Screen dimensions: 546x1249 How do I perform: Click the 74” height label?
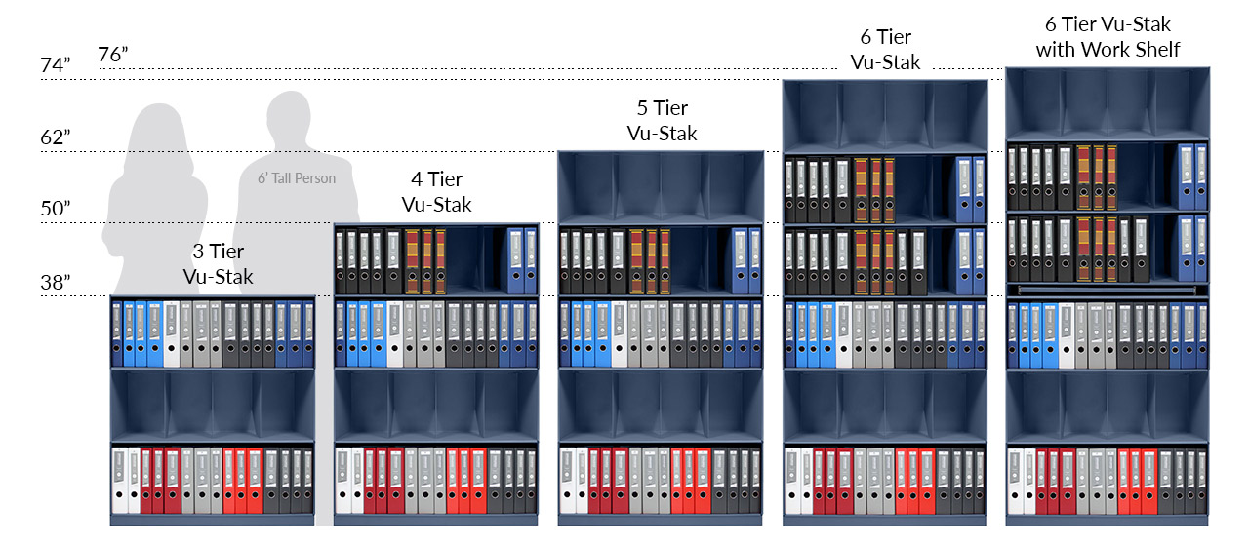(56, 65)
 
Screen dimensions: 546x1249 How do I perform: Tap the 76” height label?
(114, 55)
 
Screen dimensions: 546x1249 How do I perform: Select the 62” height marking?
(56, 137)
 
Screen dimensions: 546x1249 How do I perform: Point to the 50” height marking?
(56, 209)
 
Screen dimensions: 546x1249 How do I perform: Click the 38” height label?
(56, 282)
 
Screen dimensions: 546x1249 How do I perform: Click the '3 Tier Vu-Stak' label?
(218, 264)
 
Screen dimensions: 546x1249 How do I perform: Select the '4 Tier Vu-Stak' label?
(436, 192)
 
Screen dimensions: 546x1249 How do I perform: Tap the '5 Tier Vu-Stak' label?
(662, 121)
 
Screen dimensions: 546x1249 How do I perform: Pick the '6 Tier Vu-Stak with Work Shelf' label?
(1108, 36)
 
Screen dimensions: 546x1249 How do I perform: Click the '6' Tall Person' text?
(296, 178)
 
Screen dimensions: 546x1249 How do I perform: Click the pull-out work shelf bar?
(1108, 290)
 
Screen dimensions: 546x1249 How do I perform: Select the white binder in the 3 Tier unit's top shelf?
(172, 334)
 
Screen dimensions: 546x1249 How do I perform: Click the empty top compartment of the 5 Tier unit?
(661, 187)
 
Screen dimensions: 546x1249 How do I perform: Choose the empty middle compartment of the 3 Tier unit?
(213, 406)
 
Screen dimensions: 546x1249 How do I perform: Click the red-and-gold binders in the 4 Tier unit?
(425, 260)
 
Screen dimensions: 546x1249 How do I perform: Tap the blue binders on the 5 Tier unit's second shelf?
(746, 260)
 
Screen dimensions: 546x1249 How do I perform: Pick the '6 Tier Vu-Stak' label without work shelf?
(885, 50)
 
